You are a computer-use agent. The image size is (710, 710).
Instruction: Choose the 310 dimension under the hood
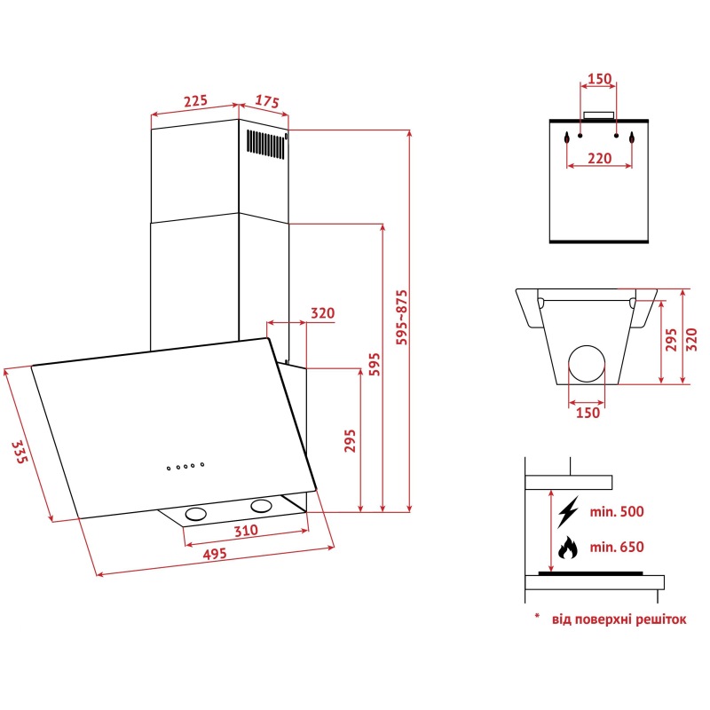246,531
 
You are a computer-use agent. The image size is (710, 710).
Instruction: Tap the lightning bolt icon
568,511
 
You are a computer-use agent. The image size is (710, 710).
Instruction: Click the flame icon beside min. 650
566,548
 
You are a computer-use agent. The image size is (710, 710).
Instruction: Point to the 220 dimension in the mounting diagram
599,160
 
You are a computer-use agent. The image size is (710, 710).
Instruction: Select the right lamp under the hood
261,506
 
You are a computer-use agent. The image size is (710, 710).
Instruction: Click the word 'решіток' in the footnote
659,619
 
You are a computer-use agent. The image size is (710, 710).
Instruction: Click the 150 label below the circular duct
587,412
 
